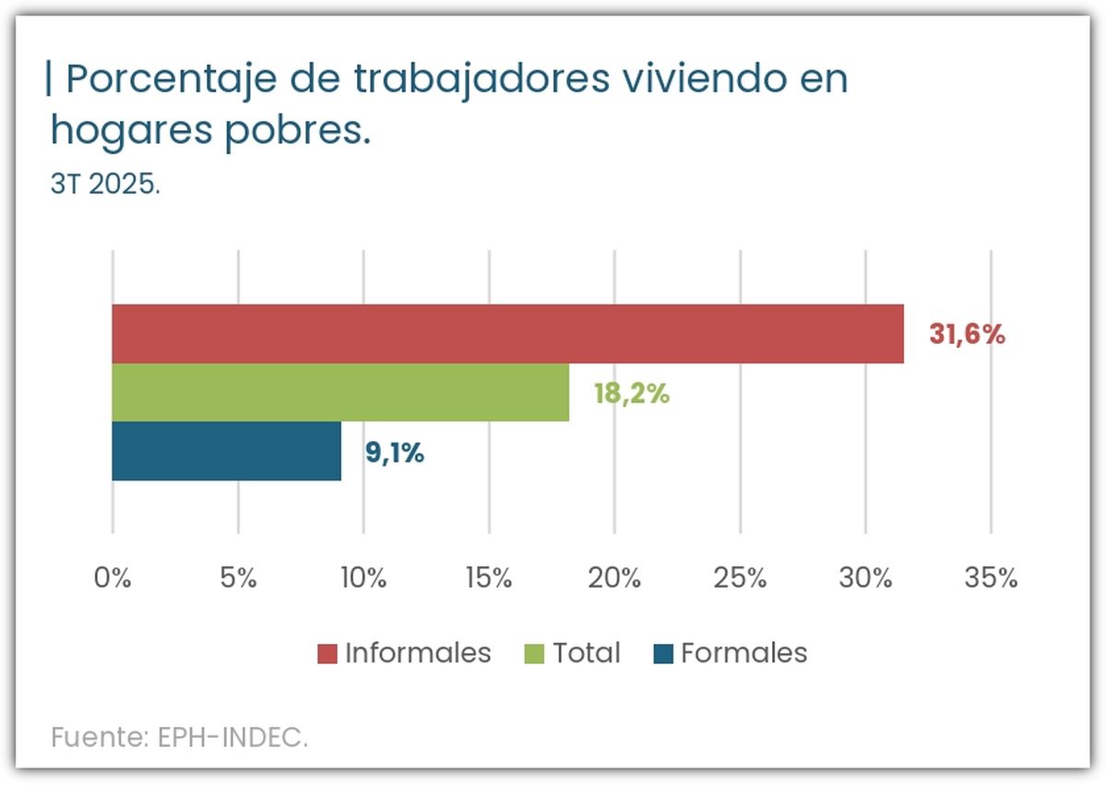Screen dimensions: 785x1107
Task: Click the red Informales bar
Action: (507, 333)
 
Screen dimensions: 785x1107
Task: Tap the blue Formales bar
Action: (226, 451)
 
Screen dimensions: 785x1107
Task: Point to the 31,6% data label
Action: (967, 334)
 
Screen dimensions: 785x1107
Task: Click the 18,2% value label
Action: (631, 394)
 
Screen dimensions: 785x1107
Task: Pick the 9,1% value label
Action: (394, 453)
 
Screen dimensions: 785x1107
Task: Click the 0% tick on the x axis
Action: (113, 578)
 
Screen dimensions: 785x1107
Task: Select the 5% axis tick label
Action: (238, 578)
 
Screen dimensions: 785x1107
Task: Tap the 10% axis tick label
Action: (363, 578)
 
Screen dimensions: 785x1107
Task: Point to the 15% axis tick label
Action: (488, 578)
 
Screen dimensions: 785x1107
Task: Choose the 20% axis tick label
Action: (614, 578)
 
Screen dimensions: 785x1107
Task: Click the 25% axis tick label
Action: (740, 578)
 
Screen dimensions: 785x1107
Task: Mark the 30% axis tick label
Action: (865, 578)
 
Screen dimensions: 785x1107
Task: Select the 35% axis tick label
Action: (991, 578)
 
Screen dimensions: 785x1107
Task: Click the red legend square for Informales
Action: (327, 654)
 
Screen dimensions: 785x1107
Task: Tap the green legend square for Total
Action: (534, 654)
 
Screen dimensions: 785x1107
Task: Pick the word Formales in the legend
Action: (744, 653)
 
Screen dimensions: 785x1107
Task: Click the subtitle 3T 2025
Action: (105, 184)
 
